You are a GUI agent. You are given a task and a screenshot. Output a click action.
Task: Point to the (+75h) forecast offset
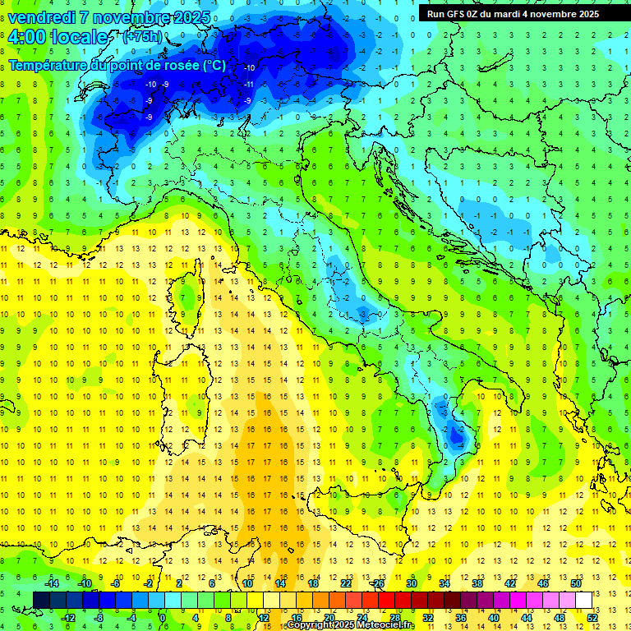click(141, 37)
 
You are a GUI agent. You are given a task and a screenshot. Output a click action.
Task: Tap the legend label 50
click(575, 583)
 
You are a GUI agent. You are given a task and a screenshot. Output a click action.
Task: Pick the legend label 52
click(592, 617)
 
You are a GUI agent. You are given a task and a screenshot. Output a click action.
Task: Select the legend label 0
click(163, 617)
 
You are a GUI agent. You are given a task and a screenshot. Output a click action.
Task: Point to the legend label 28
click(394, 617)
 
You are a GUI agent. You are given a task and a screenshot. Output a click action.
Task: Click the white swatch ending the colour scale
click(584, 600)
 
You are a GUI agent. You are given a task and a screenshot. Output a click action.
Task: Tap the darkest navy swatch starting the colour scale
click(42, 600)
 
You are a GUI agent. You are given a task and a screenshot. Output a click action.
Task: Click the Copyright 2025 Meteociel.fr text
click(350, 625)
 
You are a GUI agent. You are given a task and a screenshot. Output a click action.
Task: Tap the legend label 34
click(444, 583)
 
